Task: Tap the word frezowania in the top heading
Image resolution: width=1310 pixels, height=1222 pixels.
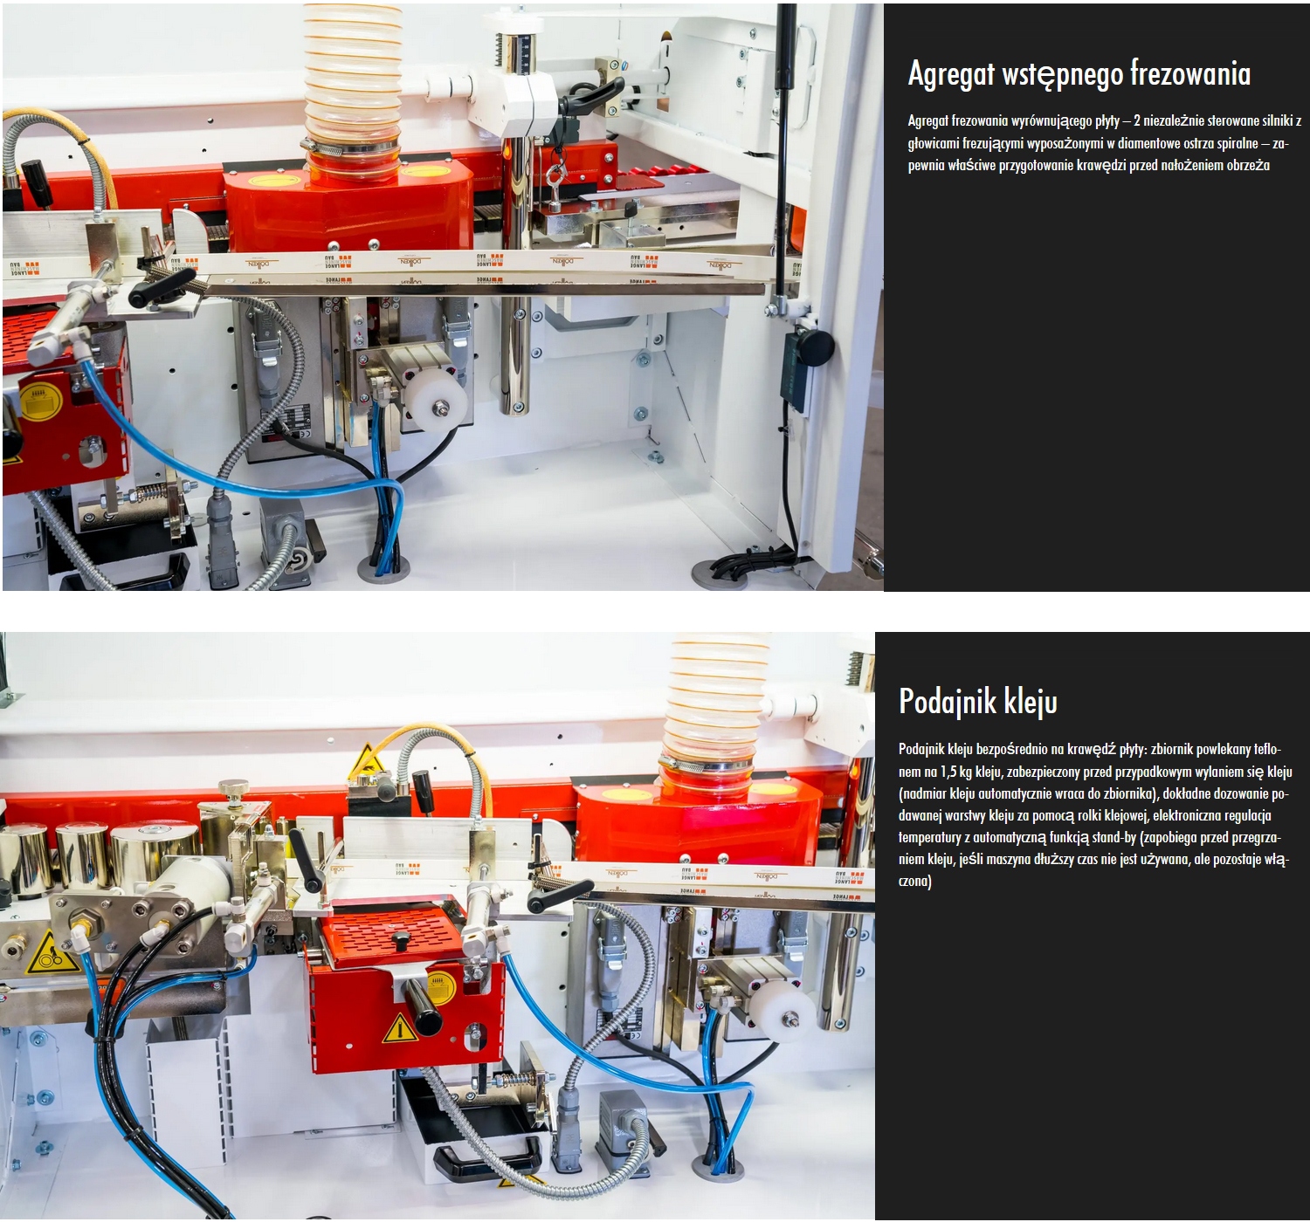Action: click(1190, 73)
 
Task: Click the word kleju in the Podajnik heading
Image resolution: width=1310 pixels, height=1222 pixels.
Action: click(1030, 701)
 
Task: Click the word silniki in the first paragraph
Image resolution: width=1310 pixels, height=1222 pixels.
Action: click(1276, 120)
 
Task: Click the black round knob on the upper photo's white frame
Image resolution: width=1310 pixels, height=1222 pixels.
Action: click(816, 347)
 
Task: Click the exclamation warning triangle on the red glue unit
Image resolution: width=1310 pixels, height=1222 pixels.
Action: click(400, 1028)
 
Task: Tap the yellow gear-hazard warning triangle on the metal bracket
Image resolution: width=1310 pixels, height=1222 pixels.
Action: click(49, 954)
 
